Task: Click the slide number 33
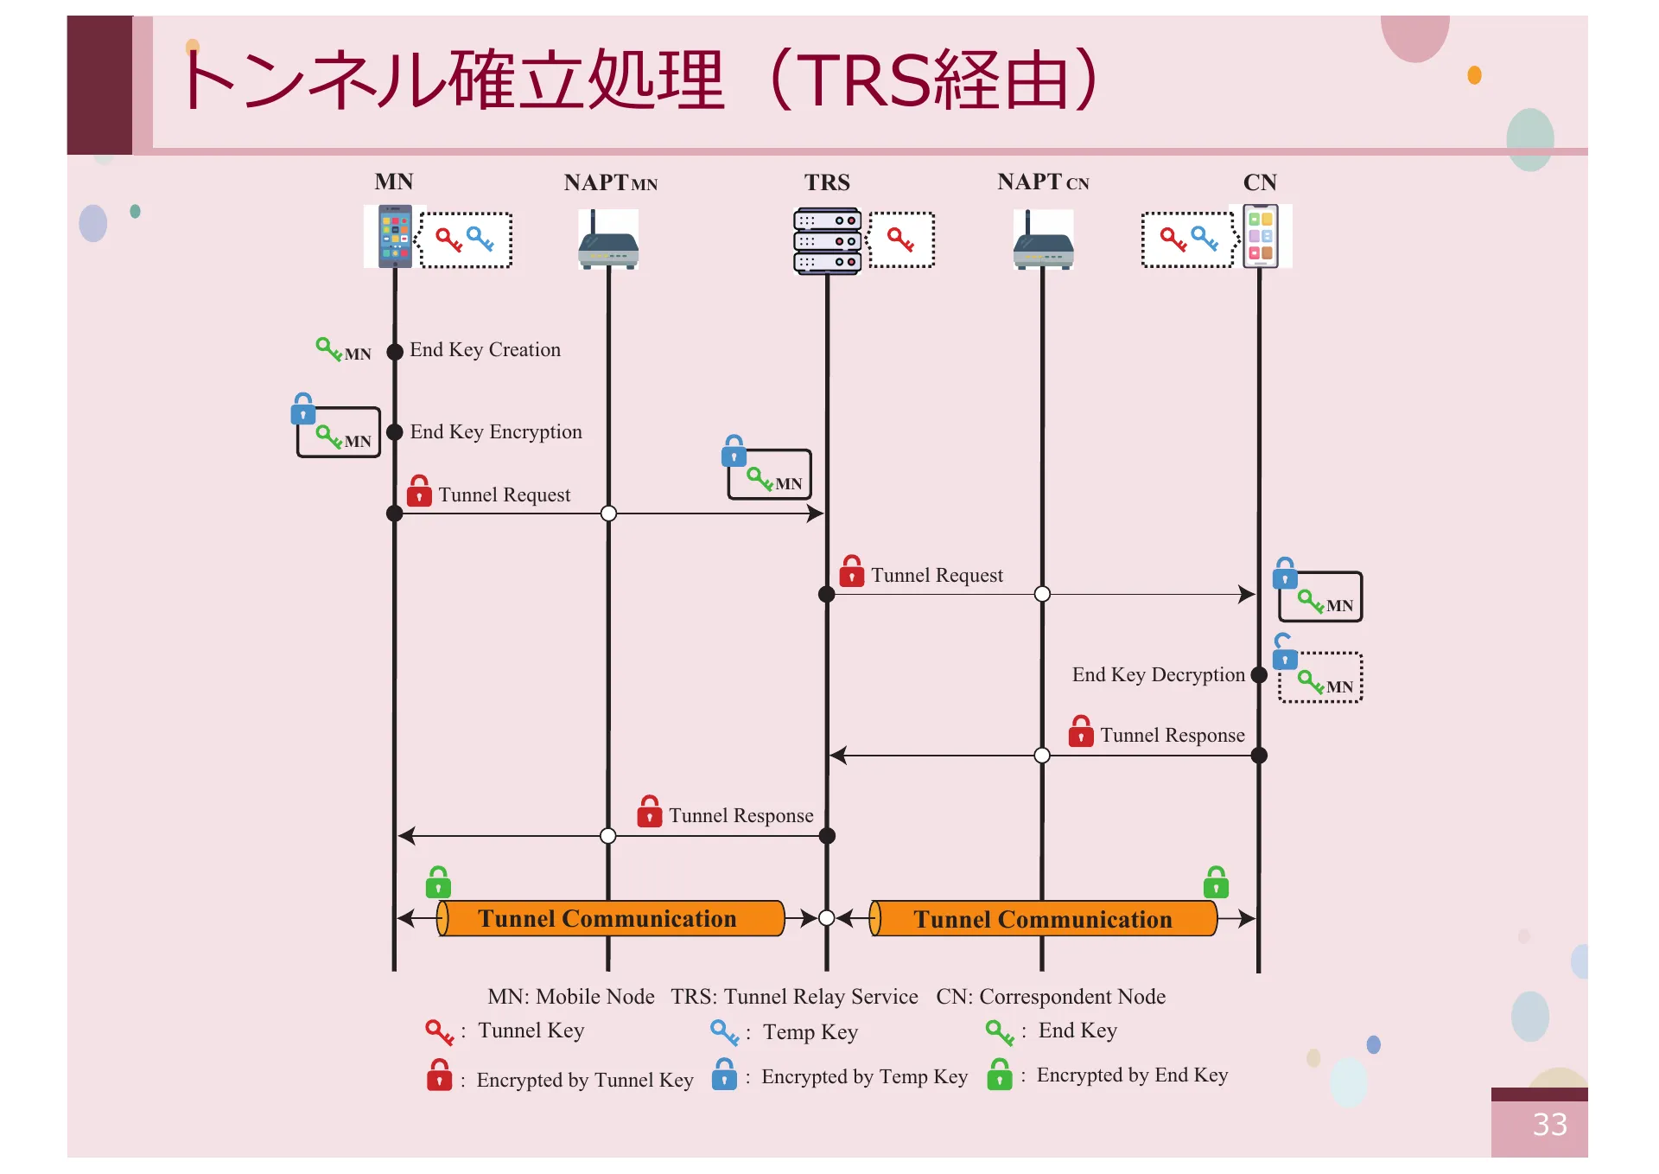tap(1549, 1124)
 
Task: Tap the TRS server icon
tap(827, 241)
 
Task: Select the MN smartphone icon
tap(395, 236)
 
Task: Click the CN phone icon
tap(1261, 236)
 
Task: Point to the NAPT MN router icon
tap(608, 245)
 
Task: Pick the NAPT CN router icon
tap(1043, 245)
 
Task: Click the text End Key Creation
tap(485, 349)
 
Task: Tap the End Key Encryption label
tap(495, 431)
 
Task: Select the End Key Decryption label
tap(1158, 674)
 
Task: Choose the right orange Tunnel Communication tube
tap(1043, 919)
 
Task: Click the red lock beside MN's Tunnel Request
tap(419, 491)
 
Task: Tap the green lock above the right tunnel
tap(1216, 883)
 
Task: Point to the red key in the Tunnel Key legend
tap(439, 1031)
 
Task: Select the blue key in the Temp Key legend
tap(724, 1031)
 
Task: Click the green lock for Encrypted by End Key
tap(1000, 1075)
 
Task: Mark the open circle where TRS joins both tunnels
tap(827, 918)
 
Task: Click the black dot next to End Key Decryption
tap(1259, 675)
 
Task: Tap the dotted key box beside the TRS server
tap(901, 239)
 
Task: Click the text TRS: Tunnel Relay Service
tap(794, 997)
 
